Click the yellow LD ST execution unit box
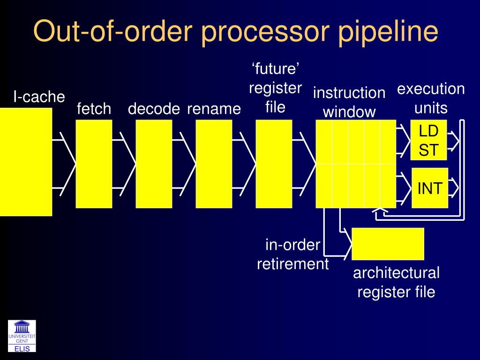(x=429, y=140)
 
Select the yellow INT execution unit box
(x=430, y=188)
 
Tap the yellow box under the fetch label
(x=94, y=164)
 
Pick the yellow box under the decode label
(x=154, y=164)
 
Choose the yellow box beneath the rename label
(x=214, y=164)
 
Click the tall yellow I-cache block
(x=26, y=162)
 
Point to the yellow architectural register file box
(x=388, y=244)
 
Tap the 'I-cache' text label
(x=38, y=97)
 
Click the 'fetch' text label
(x=94, y=109)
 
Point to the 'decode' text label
(x=154, y=109)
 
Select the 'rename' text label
(x=214, y=109)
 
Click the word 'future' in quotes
(x=275, y=69)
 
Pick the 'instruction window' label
(x=349, y=102)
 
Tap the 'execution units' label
(x=431, y=98)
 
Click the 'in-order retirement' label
(x=293, y=255)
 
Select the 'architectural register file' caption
(x=396, y=282)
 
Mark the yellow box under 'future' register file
(x=274, y=164)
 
